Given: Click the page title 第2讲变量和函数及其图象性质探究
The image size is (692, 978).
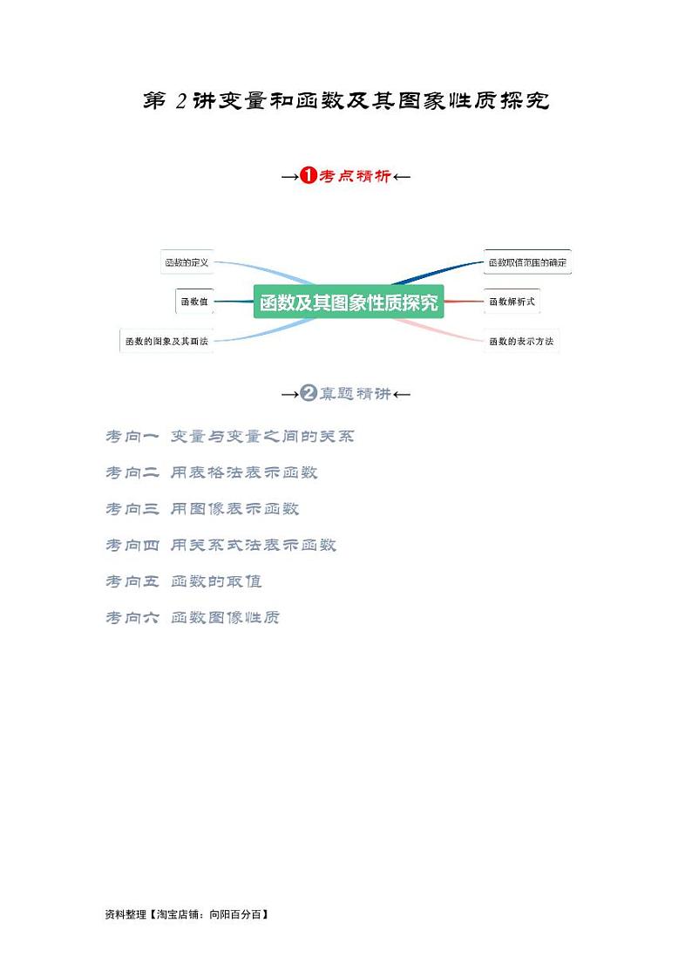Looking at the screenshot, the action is [346, 101].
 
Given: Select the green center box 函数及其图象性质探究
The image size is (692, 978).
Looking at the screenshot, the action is [349, 302].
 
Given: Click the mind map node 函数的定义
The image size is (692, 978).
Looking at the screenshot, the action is [187, 261].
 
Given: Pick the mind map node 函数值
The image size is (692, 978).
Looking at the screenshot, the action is [193, 302].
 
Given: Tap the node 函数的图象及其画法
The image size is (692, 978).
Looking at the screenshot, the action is [166, 341].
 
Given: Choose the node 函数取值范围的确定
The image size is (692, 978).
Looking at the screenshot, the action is [527, 261].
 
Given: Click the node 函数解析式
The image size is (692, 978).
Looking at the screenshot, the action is [512, 302].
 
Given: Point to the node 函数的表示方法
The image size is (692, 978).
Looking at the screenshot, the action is [520, 341].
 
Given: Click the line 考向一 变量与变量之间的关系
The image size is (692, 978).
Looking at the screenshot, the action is [230, 436].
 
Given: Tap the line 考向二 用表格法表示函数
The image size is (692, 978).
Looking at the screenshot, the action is [212, 472].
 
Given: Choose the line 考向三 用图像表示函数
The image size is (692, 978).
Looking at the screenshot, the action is [202, 508].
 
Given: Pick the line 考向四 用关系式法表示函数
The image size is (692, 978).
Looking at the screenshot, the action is [220, 545].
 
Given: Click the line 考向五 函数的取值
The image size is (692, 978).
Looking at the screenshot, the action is [184, 581].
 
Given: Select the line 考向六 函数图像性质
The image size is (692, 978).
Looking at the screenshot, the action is [193, 617].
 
